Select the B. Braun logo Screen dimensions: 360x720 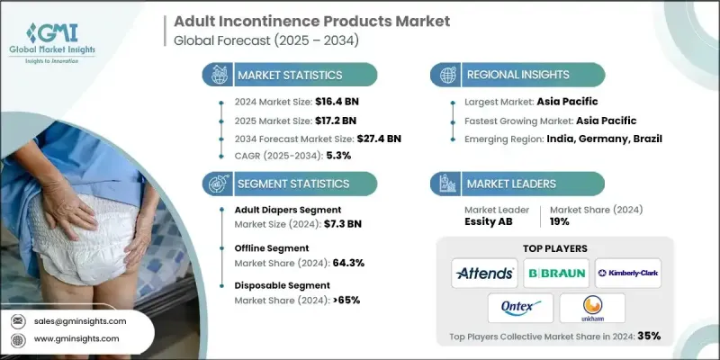556,273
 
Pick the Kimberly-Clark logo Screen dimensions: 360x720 628,273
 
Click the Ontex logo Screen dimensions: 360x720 519,307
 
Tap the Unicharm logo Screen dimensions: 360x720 592,307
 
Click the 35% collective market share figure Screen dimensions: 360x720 648,336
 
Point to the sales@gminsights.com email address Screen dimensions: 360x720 83,320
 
